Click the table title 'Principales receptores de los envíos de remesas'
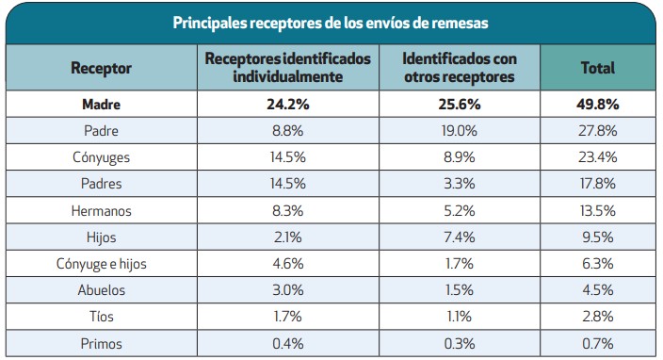click(331, 23)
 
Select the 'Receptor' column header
click(101, 68)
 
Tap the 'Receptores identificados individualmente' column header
click(288, 67)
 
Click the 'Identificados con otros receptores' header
click(459, 67)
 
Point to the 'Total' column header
click(597, 68)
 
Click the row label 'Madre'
click(101, 105)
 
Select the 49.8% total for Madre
click(597, 105)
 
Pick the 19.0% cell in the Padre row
click(459, 131)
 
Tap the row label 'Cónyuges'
click(101, 157)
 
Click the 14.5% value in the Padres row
click(288, 184)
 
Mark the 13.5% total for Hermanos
click(597, 211)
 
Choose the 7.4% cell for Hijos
click(459, 237)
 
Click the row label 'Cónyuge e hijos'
click(101, 264)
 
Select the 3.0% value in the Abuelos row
click(288, 290)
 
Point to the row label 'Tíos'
click(101, 318)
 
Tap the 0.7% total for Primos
click(597, 344)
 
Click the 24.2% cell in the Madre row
click(288, 105)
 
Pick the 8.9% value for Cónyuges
click(459, 157)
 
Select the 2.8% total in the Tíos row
click(597, 318)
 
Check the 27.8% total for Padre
click(597, 131)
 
